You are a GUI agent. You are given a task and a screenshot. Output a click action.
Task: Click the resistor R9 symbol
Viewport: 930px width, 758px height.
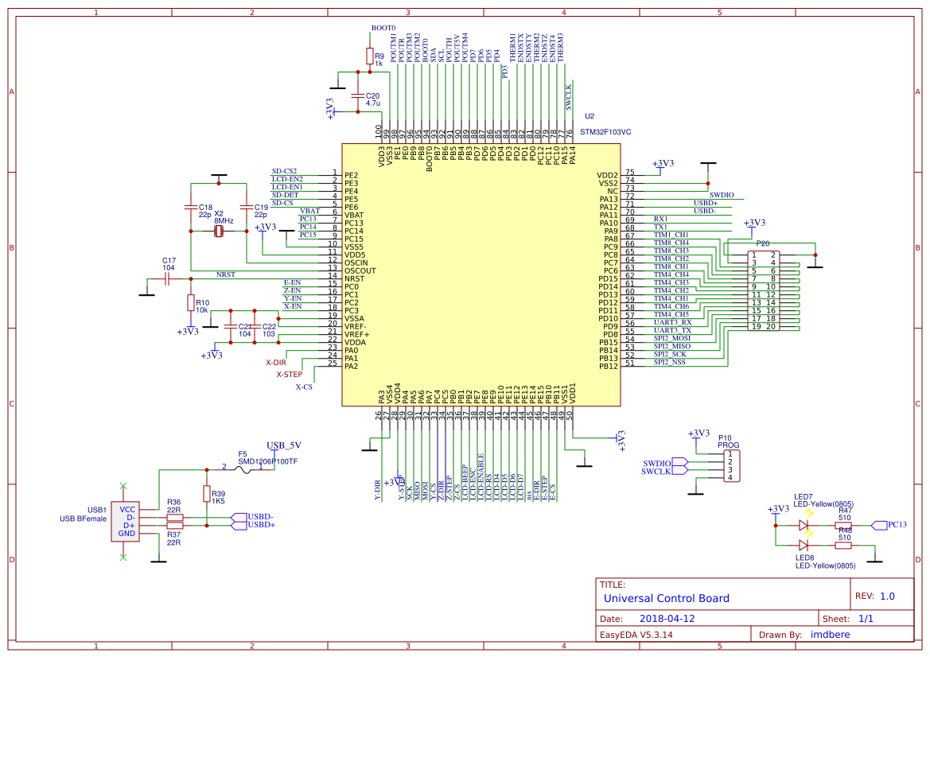[369, 56]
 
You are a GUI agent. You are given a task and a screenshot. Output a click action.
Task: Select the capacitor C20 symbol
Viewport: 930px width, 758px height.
[358, 95]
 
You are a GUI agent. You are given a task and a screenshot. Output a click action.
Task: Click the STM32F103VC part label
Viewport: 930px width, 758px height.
[605, 133]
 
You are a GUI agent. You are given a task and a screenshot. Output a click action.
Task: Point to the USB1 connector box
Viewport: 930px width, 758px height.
[123, 521]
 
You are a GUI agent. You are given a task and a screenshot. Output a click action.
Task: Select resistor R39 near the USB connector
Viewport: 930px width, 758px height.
[207, 494]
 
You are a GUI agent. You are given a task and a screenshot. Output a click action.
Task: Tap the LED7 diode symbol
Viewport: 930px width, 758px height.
[804, 525]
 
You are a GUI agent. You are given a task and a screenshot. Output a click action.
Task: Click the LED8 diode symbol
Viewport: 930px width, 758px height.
[804, 545]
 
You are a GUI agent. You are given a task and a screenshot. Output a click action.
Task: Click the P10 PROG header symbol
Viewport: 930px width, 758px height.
[730, 466]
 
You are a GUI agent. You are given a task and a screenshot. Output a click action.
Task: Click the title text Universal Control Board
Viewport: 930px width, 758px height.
[666, 598]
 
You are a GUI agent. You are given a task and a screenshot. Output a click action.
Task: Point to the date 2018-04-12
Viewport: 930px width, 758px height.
[667, 619]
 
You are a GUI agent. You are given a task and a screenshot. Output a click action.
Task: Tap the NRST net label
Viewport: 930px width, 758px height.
[225, 274]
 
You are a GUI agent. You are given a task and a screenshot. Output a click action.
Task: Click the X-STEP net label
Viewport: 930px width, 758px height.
[290, 374]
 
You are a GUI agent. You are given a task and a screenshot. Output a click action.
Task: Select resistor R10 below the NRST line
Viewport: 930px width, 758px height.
[191, 302]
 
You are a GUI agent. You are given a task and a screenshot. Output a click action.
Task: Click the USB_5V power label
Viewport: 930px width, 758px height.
[283, 445]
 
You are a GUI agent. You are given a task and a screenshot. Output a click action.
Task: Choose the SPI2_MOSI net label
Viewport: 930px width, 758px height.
[672, 338]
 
